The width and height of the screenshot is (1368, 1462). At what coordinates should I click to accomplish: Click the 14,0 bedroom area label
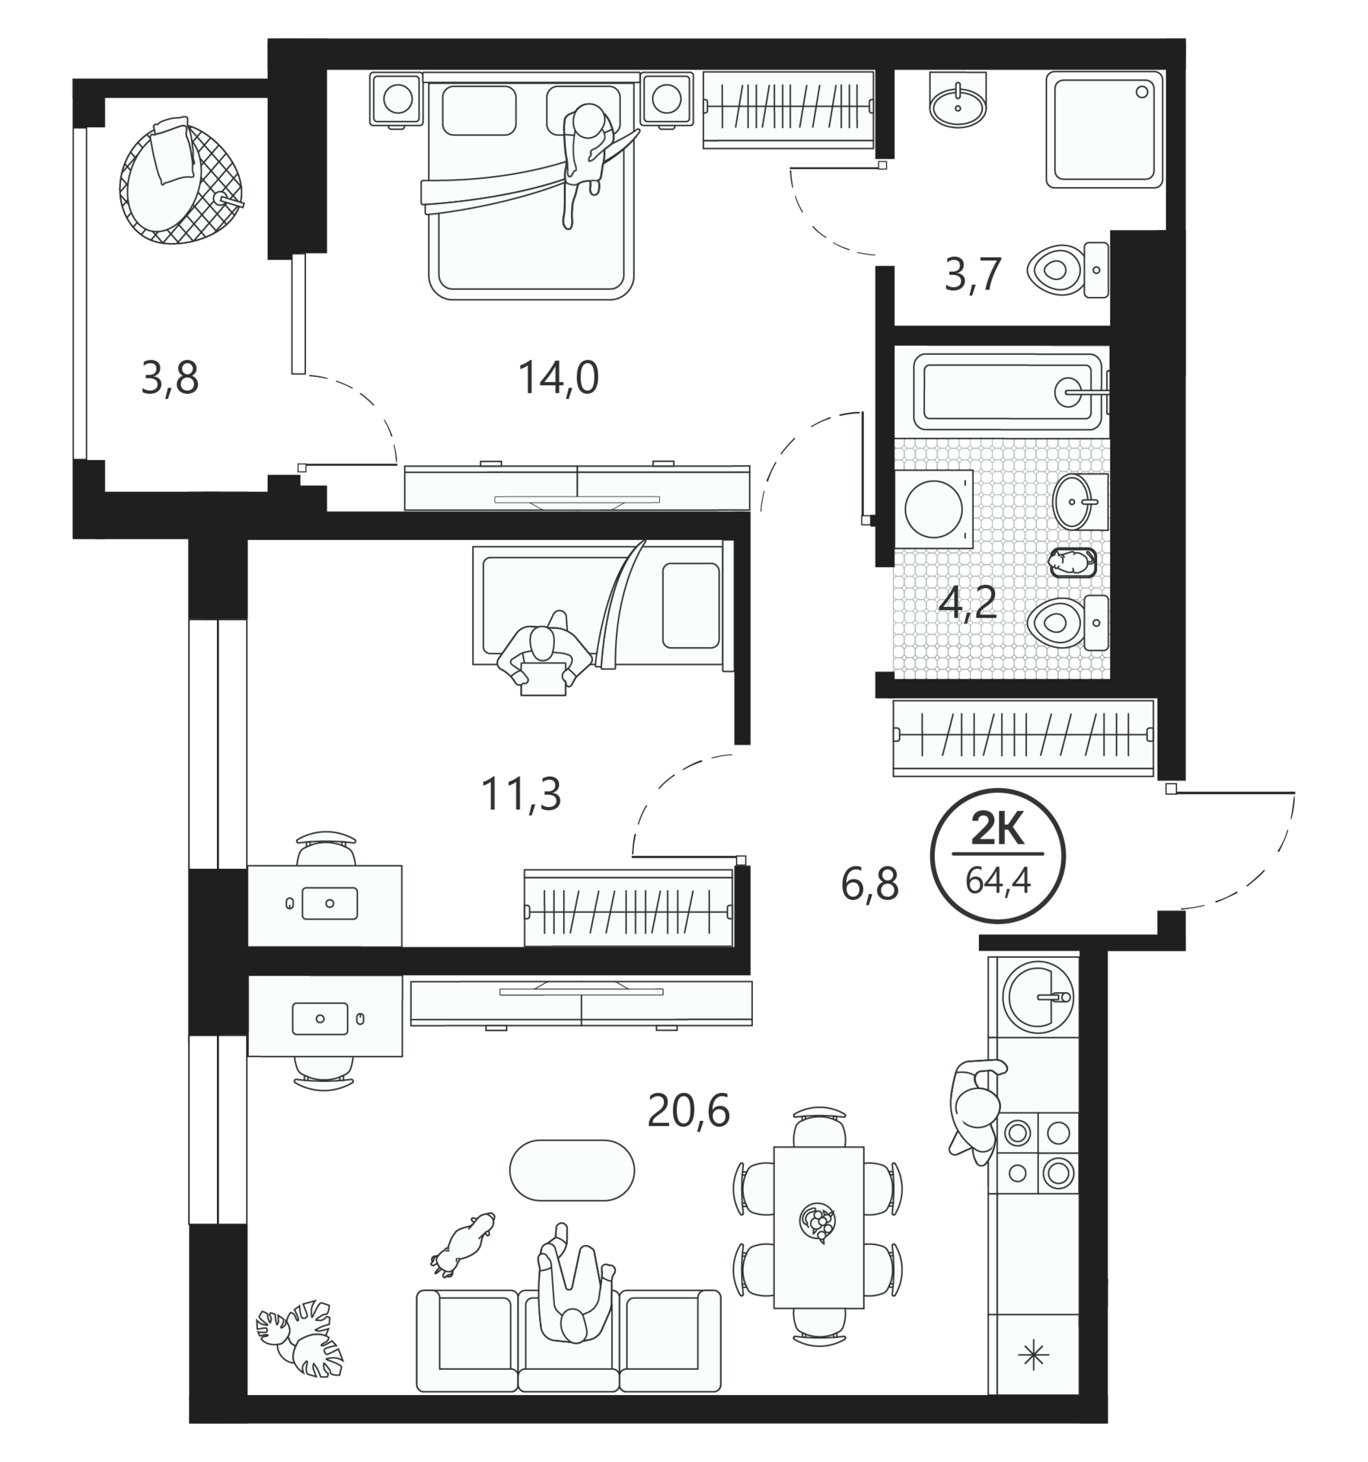click(x=558, y=378)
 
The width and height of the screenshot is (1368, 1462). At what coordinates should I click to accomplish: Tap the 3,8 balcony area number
click(x=170, y=378)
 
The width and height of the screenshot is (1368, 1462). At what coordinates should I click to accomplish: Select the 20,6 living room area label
click(x=688, y=1111)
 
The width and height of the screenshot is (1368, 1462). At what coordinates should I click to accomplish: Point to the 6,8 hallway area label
click(x=869, y=885)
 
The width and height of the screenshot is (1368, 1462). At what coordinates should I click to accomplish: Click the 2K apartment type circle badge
click(x=998, y=856)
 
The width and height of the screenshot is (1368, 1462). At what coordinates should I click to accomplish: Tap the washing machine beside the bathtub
click(x=934, y=509)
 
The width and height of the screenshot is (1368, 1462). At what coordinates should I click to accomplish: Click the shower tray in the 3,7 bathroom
click(x=1105, y=129)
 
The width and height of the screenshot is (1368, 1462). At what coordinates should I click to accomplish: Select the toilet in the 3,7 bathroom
click(x=1067, y=270)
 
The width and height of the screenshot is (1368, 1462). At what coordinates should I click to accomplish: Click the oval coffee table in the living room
click(x=571, y=1170)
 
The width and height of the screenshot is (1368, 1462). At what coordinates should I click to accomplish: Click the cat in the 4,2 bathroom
click(x=1072, y=562)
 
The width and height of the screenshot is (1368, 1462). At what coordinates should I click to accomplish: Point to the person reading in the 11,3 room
click(x=544, y=653)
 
